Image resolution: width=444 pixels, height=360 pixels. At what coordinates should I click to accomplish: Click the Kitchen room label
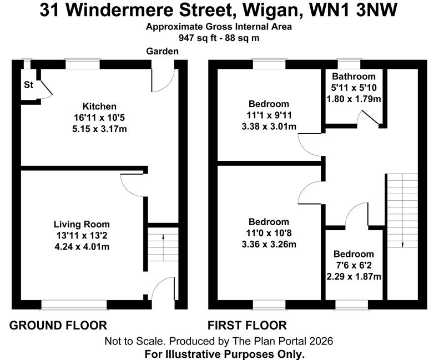pos(99,107)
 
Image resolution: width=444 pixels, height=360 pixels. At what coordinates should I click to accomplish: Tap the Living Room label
pos(82,225)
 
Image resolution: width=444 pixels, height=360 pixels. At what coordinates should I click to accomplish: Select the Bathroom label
pos(354,77)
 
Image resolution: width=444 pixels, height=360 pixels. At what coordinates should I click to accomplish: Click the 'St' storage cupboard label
pos(28,85)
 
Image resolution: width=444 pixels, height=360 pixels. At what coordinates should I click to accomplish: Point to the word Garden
pos(162,52)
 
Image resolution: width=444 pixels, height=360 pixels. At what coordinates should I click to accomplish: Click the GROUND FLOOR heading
pos(58,325)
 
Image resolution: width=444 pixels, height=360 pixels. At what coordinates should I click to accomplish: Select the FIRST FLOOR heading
pos(247,325)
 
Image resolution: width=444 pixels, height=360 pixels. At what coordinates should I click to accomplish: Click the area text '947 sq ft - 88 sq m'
pos(219,38)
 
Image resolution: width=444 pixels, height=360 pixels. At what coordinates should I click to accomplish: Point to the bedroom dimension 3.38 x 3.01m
pos(269,126)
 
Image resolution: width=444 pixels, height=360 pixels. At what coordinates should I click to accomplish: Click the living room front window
pos(74,303)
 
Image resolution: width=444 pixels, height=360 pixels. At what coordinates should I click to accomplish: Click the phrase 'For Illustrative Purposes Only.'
pos(224,353)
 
